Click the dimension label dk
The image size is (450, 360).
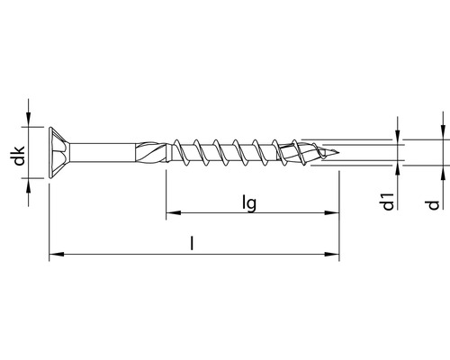(20, 156)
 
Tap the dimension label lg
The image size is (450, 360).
(249, 203)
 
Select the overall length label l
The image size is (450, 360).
(192, 243)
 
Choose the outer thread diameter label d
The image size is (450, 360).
(433, 205)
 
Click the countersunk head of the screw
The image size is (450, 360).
(59, 153)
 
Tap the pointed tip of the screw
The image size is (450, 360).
(337, 153)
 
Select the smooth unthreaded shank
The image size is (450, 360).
(103, 153)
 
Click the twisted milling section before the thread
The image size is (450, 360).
(151, 152)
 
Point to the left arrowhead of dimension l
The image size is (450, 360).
(57, 255)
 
